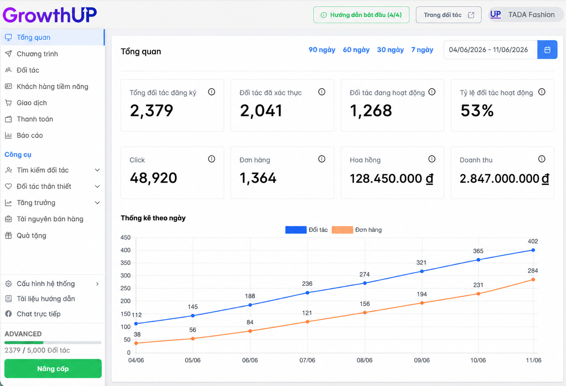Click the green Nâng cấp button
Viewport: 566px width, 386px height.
[x=53, y=368]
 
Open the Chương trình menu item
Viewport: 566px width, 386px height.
[x=37, y=54]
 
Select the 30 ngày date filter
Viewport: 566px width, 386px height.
[x=390, y=50]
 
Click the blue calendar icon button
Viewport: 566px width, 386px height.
[x=547, y=50]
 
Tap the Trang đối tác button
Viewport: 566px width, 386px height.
[x=449, y=15]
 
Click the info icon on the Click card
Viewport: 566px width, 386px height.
[x=212, y=159]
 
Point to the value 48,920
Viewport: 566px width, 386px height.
[x=153, y=178]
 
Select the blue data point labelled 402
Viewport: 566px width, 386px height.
[x=533, y=250]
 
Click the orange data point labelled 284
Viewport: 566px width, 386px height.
[x=533, y=279]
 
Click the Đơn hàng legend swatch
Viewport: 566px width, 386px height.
[x=342, y=230]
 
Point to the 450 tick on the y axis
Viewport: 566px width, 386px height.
[x=126, y=237]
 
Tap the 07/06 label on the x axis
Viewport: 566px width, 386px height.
[x=307, y=360]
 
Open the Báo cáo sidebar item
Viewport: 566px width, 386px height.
[x=29, y=135]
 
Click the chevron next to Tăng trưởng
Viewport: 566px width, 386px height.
[x=97, y=203]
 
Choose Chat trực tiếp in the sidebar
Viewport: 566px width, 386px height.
[x=38, y=314]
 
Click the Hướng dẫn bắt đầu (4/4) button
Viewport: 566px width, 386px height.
[x=361, y=15]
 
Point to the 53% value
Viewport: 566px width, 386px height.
[x=477, y=110]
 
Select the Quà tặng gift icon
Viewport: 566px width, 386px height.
[x=8, y=235]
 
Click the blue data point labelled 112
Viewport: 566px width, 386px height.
[x=136, y=323]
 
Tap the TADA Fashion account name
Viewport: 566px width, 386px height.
[x=531, y=15]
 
